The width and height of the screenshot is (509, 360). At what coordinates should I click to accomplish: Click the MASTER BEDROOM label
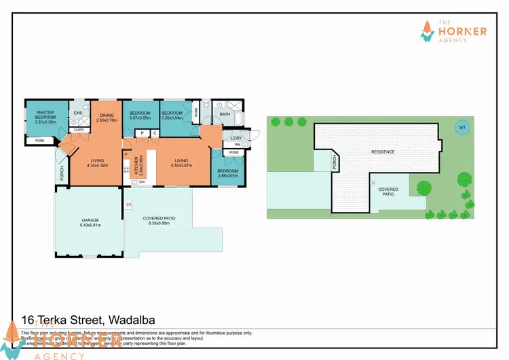point(45,115)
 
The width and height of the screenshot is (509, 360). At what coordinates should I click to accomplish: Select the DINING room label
point(107,115)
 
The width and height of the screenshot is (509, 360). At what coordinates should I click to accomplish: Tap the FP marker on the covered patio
point(129,204)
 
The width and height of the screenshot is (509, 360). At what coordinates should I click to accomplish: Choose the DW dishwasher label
point(143,181)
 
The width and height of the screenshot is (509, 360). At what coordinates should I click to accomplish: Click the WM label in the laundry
point(238,145)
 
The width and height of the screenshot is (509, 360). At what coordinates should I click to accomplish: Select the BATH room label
point(225,114)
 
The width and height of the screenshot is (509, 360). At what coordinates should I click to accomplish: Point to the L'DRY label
point(237,138)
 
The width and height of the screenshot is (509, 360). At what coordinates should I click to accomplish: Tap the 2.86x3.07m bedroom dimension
point(227,175)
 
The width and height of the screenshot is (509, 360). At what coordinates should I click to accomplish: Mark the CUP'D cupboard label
point(78,129)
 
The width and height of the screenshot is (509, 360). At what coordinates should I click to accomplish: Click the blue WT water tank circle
point(462,127)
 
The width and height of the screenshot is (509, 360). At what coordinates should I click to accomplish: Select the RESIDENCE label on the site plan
point(382,151)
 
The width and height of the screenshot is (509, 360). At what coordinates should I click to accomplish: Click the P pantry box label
point(143,133)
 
